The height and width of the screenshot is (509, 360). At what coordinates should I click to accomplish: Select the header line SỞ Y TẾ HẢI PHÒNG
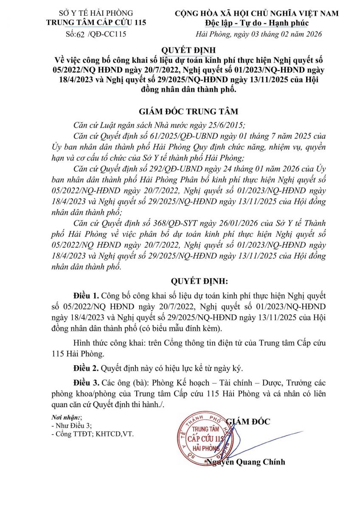point(96,14)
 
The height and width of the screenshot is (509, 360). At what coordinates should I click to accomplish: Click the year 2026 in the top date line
point(313,34)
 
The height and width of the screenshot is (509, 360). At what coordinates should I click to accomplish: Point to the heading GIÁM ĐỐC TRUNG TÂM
point(188,112)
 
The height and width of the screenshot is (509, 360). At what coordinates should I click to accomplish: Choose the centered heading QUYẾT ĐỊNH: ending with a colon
point(200,281)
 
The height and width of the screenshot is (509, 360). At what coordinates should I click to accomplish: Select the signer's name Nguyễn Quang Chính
point(245,462)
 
